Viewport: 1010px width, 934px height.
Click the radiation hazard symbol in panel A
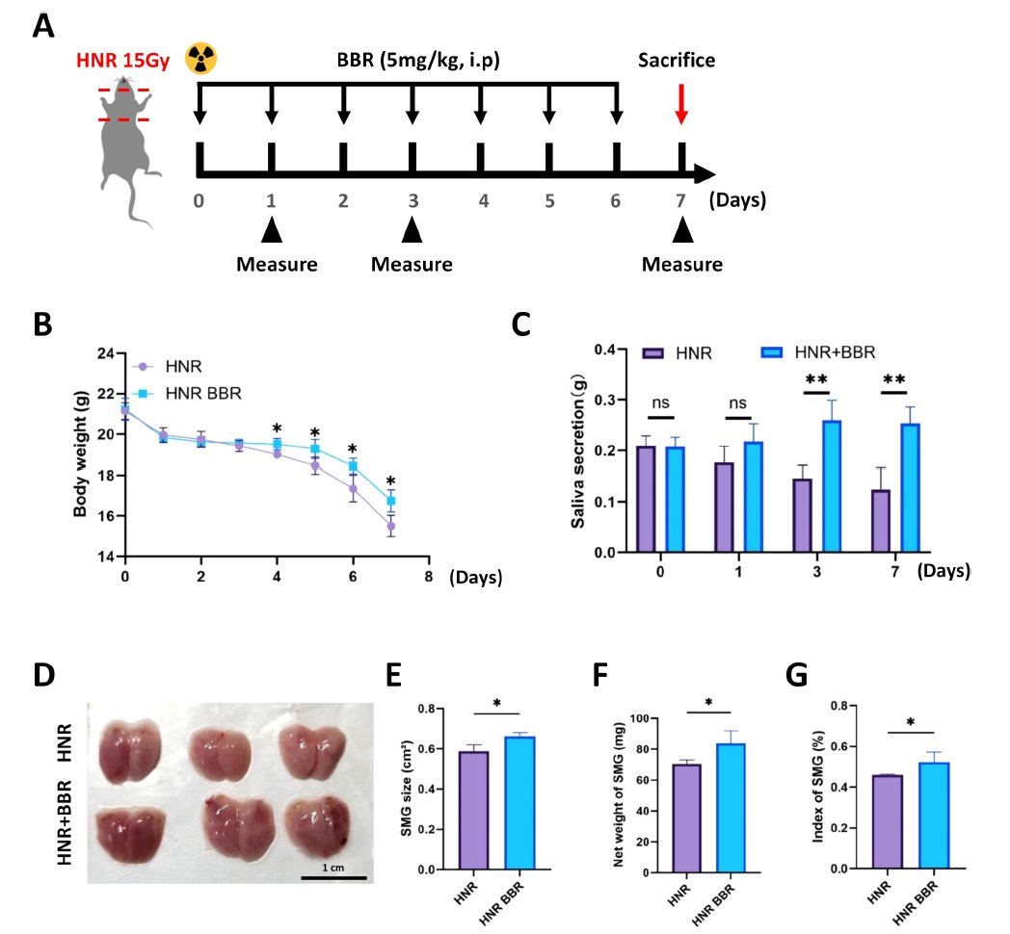tap(201, 59)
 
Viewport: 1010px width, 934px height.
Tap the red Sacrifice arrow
tap(681, 103)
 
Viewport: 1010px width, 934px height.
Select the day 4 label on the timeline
tap(482, 201)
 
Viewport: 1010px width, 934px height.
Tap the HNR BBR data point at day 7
tap(391, 501)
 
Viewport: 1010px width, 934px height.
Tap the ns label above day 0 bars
tap(660, 402)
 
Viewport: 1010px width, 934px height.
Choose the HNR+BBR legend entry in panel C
tap(825, 353)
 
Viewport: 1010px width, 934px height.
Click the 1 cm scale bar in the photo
tap(332, 876)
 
